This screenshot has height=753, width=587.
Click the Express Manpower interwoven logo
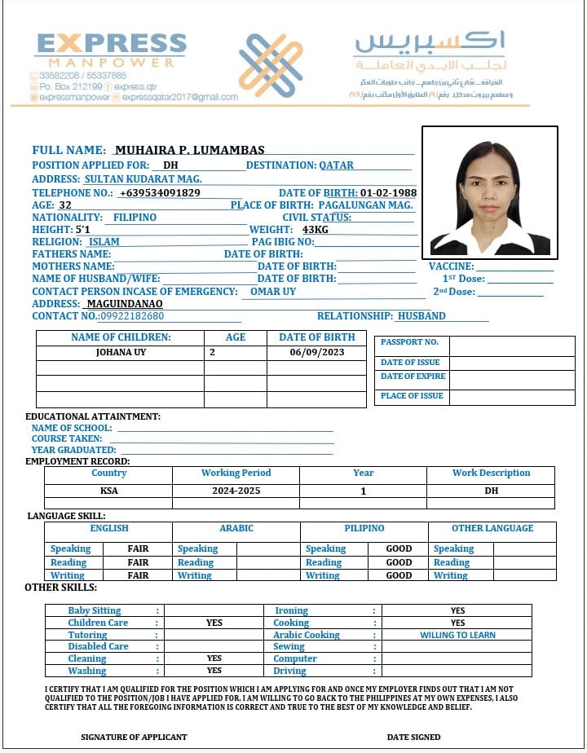coord(271,66)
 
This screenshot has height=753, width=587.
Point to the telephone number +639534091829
coord(160,193)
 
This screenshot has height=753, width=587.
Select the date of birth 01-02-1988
coord(388,193)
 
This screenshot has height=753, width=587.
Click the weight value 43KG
coord(315,230)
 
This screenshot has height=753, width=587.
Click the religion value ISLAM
coord(104,242)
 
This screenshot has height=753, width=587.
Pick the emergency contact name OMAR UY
coord(273,291)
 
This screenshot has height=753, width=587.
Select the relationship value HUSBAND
coord(421,316)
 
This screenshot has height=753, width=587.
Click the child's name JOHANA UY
coord(120,353)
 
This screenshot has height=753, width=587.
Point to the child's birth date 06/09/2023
coord(317,353)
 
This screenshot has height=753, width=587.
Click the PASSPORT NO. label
coord(409,342)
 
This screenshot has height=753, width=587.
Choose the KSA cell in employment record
coord(109,491)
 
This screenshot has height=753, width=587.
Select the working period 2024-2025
coord(236,491)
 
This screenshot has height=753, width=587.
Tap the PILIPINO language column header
coord(364,528)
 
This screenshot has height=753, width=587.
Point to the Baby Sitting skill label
coord(95,610)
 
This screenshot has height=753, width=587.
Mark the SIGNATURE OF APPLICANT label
coord(134,737)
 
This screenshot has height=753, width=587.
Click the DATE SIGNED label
coord(413,737)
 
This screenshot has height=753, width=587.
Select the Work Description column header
coord(491,473)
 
